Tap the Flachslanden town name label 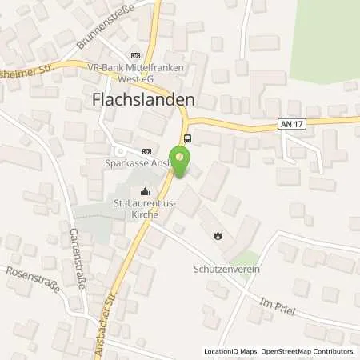pos(139,101)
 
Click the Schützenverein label pos(227,269)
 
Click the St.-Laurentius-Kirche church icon pos(144,191)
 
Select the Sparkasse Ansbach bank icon pos(146,151)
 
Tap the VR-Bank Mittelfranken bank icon pos(134,55)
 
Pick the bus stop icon pos(187,138)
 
